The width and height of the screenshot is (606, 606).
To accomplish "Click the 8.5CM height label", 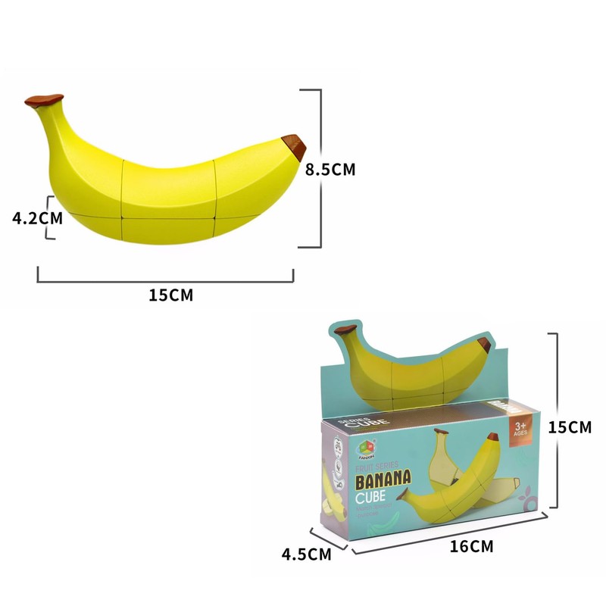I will tap(330, 169).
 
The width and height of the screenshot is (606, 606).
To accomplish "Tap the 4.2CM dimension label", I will tap(37, 218).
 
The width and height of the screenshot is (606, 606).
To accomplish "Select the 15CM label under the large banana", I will tap(170, 295).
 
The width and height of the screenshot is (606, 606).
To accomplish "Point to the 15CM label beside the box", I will tap(570, 428).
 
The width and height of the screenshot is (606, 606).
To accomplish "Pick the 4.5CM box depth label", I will tap(306, 554).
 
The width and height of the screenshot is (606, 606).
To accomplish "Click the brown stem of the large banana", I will tap(44, 100).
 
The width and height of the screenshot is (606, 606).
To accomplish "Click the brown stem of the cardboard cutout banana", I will tap(345, 329).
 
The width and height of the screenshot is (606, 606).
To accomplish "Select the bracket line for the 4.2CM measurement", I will tap(52, 217).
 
